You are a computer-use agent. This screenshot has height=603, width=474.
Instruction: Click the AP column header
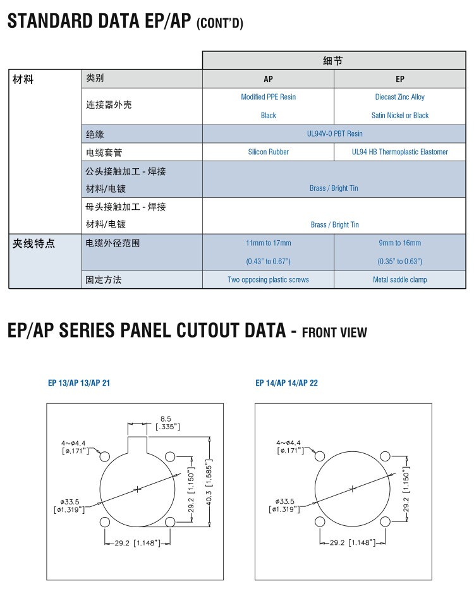(268, 79)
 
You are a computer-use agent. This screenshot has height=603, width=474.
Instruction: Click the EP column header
(399, 79)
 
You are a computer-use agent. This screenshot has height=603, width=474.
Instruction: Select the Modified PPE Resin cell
(268, 97)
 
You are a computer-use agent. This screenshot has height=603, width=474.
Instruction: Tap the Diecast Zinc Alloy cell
(399, 97)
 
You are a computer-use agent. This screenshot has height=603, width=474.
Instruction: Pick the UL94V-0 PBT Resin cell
(334, 133)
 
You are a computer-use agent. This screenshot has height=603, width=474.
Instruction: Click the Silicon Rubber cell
(268, 152)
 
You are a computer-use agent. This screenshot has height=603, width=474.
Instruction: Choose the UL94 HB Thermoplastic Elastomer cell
(399, 152)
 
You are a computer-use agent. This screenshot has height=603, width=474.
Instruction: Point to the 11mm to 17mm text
(268, 243)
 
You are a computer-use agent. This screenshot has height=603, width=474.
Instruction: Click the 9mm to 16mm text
(399, 243)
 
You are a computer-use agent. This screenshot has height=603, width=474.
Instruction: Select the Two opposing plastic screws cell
(268, 279)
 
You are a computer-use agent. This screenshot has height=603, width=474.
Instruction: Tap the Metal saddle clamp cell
(399, 279)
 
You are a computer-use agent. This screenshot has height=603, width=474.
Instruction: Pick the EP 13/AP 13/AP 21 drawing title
(79, 383)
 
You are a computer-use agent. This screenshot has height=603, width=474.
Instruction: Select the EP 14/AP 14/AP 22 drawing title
(286, 383)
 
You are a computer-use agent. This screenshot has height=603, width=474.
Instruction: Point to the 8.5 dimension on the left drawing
(166, 418)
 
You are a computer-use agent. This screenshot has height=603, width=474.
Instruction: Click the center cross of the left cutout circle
(137, 489)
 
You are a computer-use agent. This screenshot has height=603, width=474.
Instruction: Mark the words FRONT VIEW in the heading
(335, 332)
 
